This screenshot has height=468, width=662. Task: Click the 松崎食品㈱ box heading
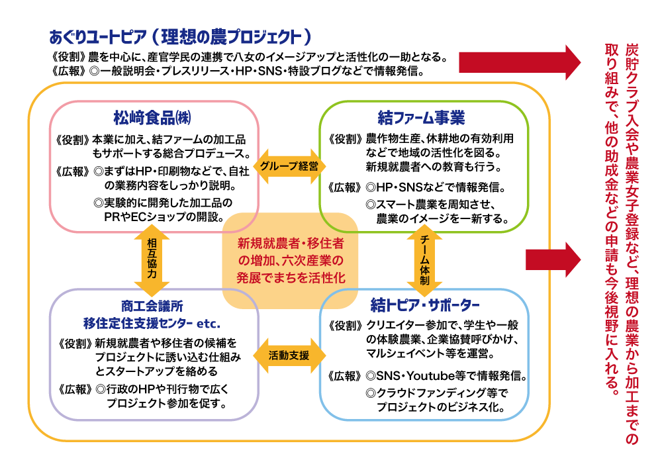153,118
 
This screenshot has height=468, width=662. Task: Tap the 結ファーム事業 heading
421,118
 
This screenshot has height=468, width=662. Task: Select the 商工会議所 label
152,307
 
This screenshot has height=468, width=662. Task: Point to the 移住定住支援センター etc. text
152,324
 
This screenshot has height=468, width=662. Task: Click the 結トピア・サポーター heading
424,306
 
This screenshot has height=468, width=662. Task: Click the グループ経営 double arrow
289,166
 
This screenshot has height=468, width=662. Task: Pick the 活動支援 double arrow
289,355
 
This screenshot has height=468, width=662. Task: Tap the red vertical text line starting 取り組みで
612,218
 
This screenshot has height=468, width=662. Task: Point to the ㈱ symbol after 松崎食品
187,119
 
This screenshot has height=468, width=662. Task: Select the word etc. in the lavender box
209,324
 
